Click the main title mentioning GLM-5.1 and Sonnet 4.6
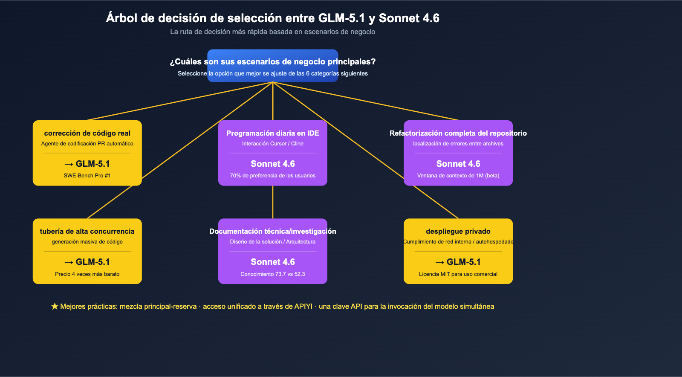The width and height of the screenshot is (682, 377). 272,18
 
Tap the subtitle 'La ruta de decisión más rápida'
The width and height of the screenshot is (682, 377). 272,32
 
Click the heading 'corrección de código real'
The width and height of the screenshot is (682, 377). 87,133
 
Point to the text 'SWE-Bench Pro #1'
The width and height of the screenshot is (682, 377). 87,176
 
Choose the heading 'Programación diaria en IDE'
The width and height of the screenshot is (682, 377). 272,133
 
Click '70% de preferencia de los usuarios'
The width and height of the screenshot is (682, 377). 272,176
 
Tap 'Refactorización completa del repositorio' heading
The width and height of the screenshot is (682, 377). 458,133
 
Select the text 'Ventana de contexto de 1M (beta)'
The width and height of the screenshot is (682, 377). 458,176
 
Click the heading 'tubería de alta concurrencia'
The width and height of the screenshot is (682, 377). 87,232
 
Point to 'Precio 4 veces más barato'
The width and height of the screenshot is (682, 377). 87,274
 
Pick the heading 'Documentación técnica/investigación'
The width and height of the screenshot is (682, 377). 272,232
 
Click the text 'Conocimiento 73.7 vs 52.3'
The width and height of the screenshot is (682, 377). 272,274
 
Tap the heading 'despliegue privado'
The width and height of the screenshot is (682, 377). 458,232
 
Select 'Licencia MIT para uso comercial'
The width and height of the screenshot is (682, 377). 458,274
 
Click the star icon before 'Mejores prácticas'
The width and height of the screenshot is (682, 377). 55,307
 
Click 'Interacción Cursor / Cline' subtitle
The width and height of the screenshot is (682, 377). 272,144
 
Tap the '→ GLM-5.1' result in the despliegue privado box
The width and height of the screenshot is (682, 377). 458,262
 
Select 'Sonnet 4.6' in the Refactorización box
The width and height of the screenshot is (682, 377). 458,164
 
